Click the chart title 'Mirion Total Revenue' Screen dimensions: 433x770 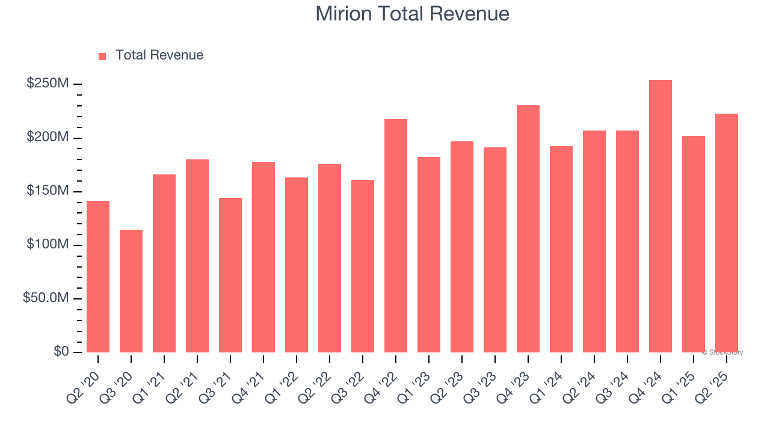pyautogui.click(x=412, y=14)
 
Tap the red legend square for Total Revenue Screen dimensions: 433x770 pyautogui.click(x=102, y=56)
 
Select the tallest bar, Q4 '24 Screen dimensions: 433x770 pyautogui.click(x=661, y=216)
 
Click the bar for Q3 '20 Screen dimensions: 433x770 pyautogui.click(x=131, y=291)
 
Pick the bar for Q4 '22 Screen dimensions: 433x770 pyautogui.click(x=396, y=236)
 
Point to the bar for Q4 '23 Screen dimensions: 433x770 pyautogui.click(x=528, y=229)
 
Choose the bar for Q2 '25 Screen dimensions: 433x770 pyautogui.click(x=727, y=233)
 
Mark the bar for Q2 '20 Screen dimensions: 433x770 pyautogui.click(x=98, y=277)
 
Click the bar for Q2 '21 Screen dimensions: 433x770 pyautogui.click(x=197, y=256)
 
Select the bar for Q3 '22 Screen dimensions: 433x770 pyautogui.click(x=363, y=266)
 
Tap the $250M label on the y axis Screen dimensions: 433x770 pyautogui.click(x=48, y=84)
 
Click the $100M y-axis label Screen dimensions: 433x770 pyautogui.click(x=48, y=245)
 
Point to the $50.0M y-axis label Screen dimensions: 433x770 pyautogui.click(x=46, y=298)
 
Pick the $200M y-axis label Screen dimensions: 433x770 pyautogui.click(x=48, y=137)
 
